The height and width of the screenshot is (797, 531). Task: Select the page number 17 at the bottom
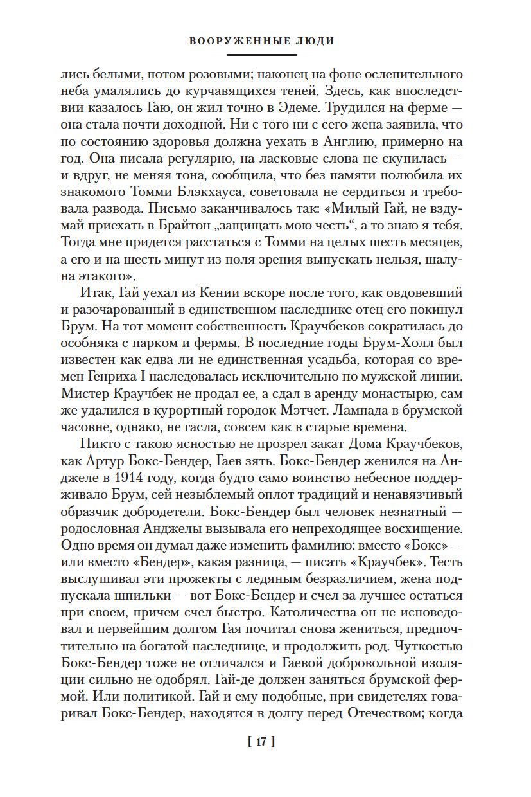(261, 741)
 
